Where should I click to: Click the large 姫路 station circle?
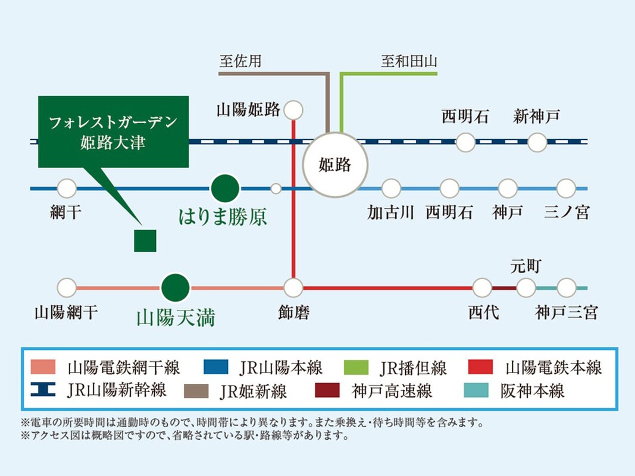pyautogui.click(x=335, y=165)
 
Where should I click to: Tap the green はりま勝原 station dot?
pyautogui.click(x=225, y=188)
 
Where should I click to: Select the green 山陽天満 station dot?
pyautogui.click(x=176, y=288)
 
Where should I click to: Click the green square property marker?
pyautogui.click(x=145, y=241)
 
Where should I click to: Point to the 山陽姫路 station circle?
pyautogui.click(x=293, y=110)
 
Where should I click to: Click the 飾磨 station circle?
pyautogui.click(x=293, y=288)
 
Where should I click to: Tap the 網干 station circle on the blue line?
pyautogui.click(x=67, y=188)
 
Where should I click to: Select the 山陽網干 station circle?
pyautogui.click(x=67, y=288)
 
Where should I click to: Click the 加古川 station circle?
pyautogui.click(x=391, y=189)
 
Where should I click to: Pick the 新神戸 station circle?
pyautogui.click(x=537, y=142)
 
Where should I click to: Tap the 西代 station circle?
pyautogui.click(x=482, y=288)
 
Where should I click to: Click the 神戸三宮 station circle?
pyautogui.click(x=566, y=288)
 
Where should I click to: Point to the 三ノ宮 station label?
pyautogui.click(x=567, y=212)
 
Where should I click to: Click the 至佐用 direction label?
pyautogui.click(x=240, y=61)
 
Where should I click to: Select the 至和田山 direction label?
pyautogui.click(x=409, y=61)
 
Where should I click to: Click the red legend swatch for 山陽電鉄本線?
pyautogui.click(x=480, y=367)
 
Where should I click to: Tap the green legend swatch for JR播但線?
pyautogui.click(x=356, y=368)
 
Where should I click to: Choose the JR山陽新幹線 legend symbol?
pyautogui.click(x=43, y=390)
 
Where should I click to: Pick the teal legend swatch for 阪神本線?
pyautogui.click(x=476, y=390)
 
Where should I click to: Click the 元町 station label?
pyautogui.click(x=525, y=267)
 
